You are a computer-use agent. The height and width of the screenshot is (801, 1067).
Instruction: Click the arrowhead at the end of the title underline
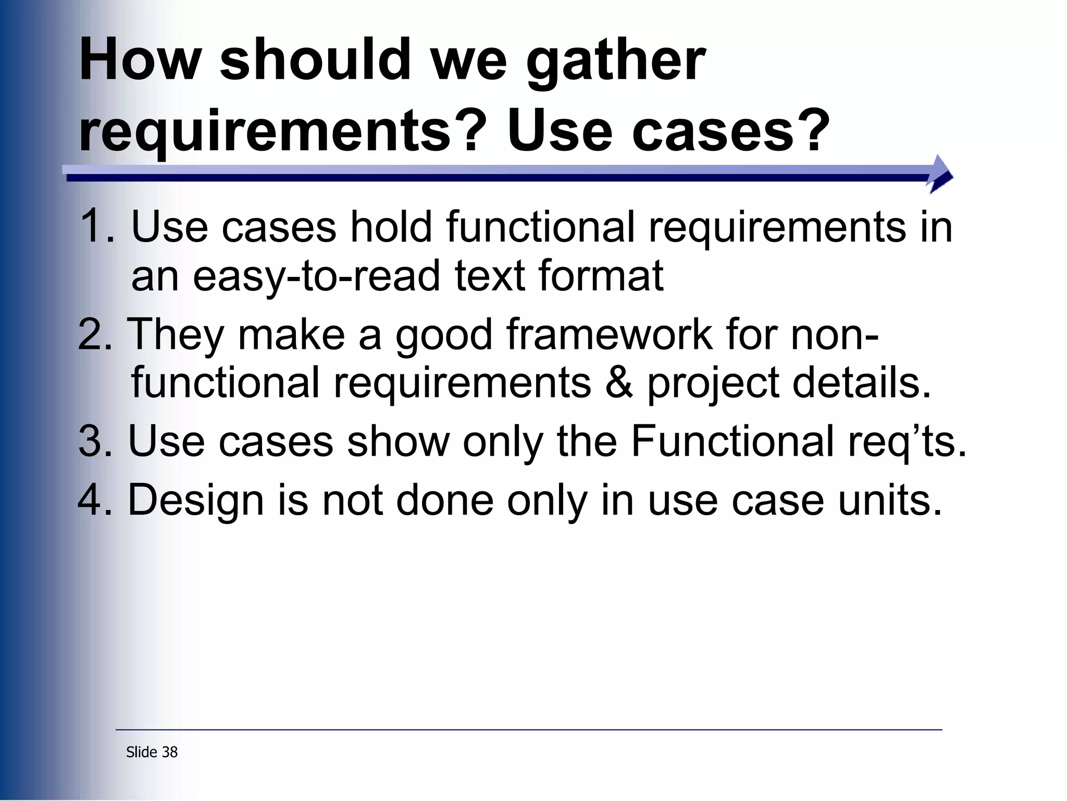(x=940, y=174)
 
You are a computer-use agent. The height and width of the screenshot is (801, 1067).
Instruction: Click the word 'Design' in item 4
(x=196, y=501)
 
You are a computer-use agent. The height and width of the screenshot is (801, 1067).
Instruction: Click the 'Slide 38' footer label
(x=152, y=752)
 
